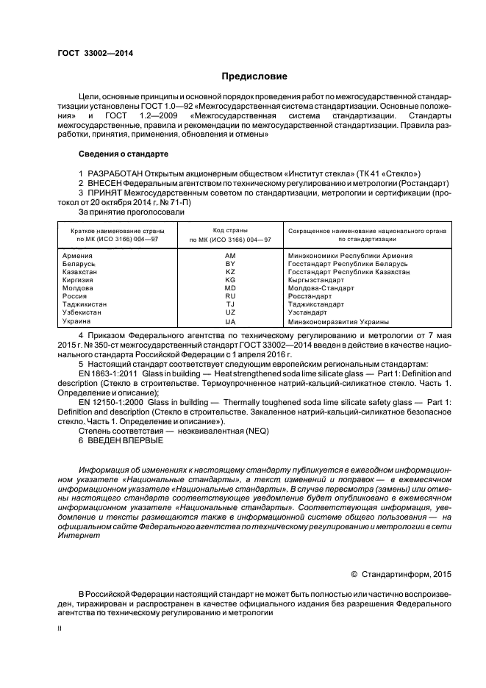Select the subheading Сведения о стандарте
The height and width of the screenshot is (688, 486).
tap(124, 154)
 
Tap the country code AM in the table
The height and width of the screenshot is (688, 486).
tap(230, 255)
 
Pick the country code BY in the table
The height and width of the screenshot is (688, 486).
tap(230, 263)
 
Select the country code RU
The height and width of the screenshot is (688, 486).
tap(230, 296)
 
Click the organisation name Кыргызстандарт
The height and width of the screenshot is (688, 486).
tap(316, 280)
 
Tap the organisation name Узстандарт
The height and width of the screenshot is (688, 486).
tap(308, 312)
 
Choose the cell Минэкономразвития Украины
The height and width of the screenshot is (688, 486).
tap(339, 321)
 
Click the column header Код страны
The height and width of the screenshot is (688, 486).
tap(230, 230)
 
